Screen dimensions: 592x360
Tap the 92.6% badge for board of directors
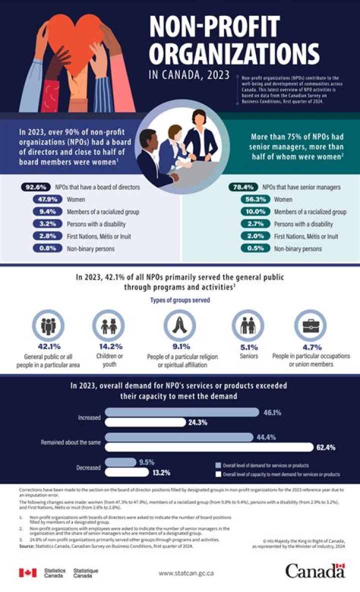(x=36, y=187)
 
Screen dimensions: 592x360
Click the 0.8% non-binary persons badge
(x=46, y=248)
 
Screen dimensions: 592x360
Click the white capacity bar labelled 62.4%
(x=209, y=447)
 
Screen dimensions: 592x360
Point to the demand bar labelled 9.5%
(x=120, y=462)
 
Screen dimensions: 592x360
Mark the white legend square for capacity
(x=217, y=474)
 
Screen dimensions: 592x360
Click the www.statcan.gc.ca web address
(x=186, y=573)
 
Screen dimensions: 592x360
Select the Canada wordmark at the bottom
(x=315, y=571)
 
